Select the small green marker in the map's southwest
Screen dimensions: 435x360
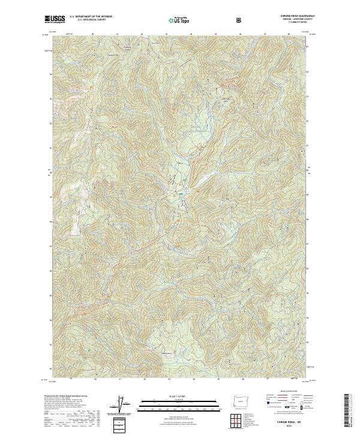(x=89, y=350)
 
